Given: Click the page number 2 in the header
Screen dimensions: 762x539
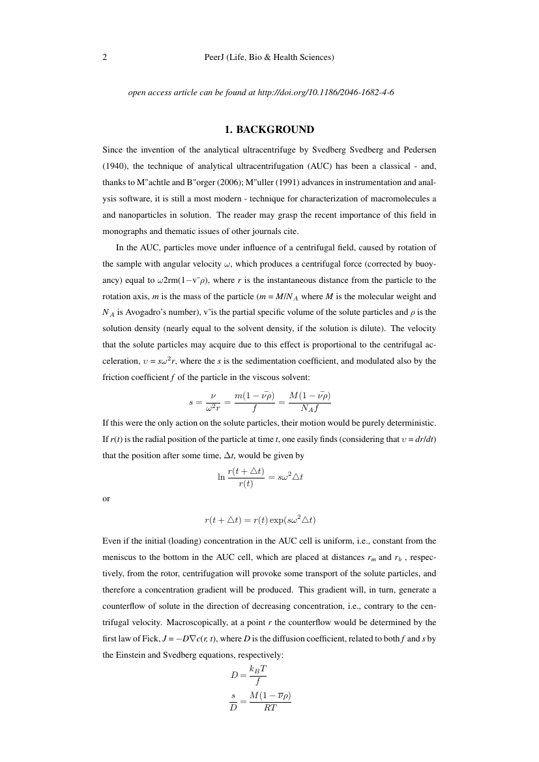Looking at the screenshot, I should click(x=105, y=57).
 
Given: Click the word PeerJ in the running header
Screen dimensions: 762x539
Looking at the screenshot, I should click(x=215, y=57).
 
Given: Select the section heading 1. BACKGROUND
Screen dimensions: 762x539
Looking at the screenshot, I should click(x=269, y=129).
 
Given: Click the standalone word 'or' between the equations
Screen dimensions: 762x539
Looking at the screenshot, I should click(x=107, y=499).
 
